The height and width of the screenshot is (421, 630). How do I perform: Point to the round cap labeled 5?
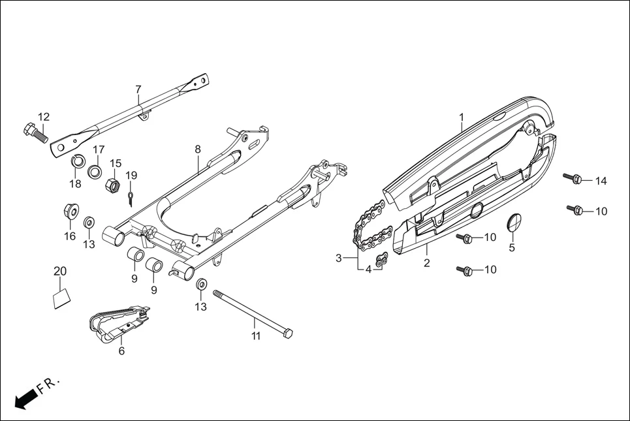coord(515,221)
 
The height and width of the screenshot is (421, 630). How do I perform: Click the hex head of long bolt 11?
coord(287,334)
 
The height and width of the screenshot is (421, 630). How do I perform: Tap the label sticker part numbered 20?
coord(60,298)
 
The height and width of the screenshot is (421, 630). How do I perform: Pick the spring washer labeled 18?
coord(76,162)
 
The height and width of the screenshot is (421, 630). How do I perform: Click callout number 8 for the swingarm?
coord(197,149)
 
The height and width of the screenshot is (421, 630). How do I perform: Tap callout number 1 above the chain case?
coord(461,117)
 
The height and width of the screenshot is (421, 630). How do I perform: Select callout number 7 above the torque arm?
coord(138,89)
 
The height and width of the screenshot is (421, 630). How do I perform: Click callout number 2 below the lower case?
coord(427,263)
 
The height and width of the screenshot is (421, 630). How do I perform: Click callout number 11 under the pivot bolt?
coord(256,336)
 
